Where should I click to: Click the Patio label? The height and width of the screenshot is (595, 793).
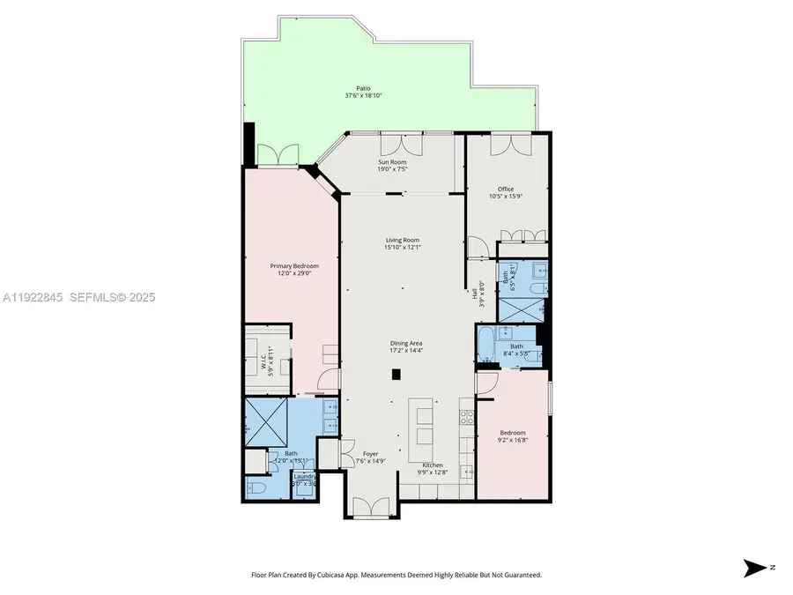pos(363,88)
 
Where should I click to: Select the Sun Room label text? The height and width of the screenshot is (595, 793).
pos(392,163)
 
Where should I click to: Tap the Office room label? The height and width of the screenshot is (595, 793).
pos(505,189)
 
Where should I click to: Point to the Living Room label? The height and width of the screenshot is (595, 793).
pos(402,240)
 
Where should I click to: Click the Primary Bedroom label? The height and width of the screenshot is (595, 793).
pos(293,266)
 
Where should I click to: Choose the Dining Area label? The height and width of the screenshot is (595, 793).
pos(407,344)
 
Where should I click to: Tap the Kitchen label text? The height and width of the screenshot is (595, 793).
pos(432,465)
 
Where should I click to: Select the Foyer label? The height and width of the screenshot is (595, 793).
pos(370,455)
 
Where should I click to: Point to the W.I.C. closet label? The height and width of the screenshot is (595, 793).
pos(263,362)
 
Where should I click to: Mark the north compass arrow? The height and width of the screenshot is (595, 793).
pos(754,567)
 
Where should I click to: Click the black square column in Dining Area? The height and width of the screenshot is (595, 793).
pos(396,374)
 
